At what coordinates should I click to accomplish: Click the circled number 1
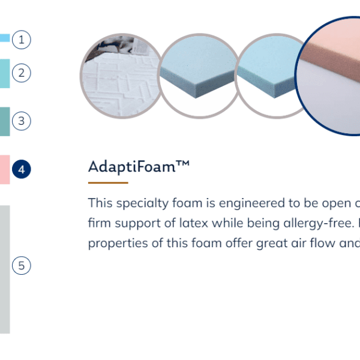22,40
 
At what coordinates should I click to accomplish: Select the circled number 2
22,73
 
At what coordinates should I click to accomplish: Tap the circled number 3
22,121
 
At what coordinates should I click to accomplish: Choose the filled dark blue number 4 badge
22,169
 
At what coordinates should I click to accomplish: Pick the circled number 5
22,265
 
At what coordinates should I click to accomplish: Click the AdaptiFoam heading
139,166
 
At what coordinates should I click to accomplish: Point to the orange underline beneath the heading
108,183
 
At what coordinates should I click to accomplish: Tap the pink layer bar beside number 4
5,169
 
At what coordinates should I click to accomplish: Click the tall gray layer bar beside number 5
5,269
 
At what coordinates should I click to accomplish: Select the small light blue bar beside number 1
5,38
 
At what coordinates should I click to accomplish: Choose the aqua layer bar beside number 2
5,73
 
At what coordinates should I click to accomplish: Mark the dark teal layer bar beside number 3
5,121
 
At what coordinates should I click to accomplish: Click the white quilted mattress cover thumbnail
121,76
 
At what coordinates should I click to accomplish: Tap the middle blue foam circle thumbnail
199,76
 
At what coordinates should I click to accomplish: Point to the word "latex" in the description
194,223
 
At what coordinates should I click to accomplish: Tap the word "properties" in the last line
118,244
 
